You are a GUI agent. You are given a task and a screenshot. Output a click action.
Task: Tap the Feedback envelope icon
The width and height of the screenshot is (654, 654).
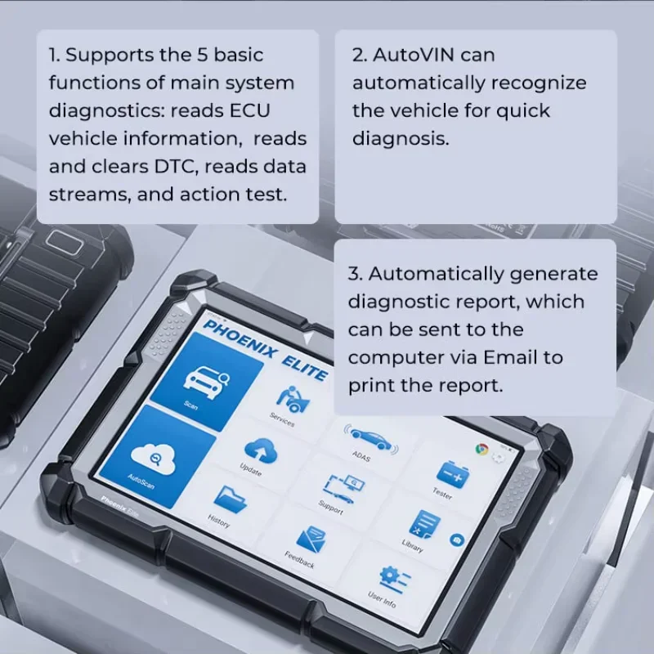[309, 539]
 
